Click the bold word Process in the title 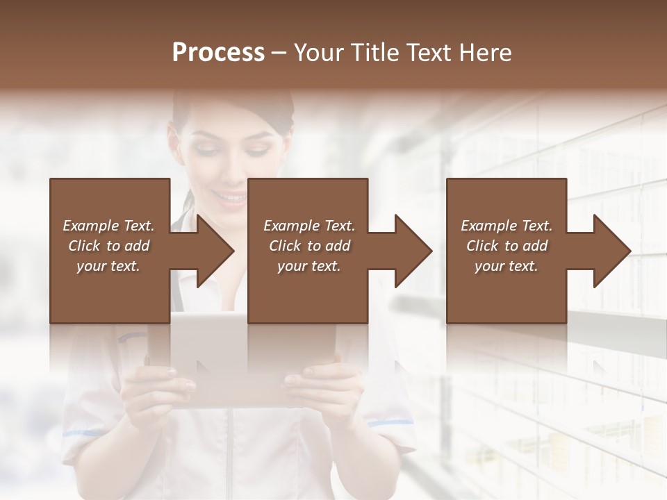(x=218, y=53)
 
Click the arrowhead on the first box (x=208, y=251)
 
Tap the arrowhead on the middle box (x=406, y=251)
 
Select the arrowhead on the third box (x=605, y=251)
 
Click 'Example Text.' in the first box (x=108, y=226)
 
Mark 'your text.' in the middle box (x=308, y=266)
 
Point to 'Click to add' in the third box (x=507, y=246)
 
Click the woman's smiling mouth (x=231, y=199)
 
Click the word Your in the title (x=317, y=53)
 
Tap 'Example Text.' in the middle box (x=309, y=226)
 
